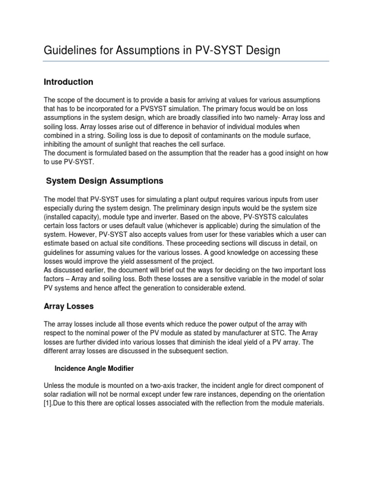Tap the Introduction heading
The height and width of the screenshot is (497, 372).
click(x=68, y=82)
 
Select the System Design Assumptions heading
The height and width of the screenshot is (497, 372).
click(x=105, y=181)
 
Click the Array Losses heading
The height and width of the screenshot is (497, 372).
click(x=69, y=306)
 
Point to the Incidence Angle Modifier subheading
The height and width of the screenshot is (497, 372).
click(x=94, y=368)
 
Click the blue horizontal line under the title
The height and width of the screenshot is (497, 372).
click(x=186, y=61)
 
